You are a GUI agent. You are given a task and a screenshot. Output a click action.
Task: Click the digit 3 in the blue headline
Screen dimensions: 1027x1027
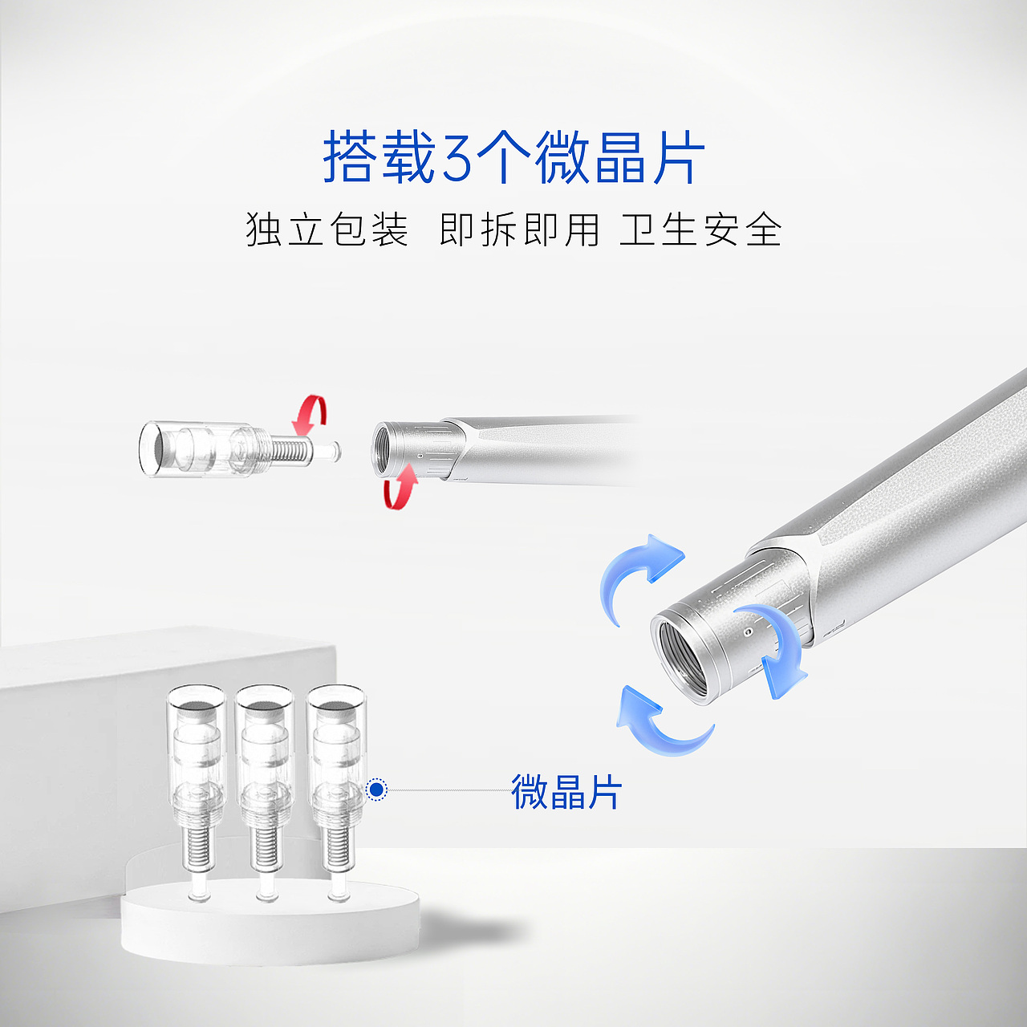pos(457,158)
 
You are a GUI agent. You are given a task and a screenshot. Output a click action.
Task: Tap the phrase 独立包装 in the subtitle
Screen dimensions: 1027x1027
pos(327,230)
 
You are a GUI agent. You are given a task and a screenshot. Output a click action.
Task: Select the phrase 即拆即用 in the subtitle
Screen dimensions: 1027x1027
pos(519,230)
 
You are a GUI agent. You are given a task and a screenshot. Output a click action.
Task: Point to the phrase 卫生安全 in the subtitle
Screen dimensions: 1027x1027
pos(700,230)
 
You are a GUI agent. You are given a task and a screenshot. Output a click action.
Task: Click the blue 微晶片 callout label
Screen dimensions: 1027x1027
pos(566,792)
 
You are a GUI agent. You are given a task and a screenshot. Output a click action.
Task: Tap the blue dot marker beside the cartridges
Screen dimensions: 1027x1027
pos(376,790)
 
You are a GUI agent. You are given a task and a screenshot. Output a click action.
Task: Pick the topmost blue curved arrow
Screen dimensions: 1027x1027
pos(638,571)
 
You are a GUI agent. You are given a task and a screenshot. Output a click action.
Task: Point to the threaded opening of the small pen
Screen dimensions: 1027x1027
pos(382,451)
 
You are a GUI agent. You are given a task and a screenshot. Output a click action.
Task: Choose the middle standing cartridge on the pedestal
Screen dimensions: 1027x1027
pos(264,778)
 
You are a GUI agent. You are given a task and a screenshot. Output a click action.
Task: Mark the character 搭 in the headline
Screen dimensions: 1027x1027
pos(350,158)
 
